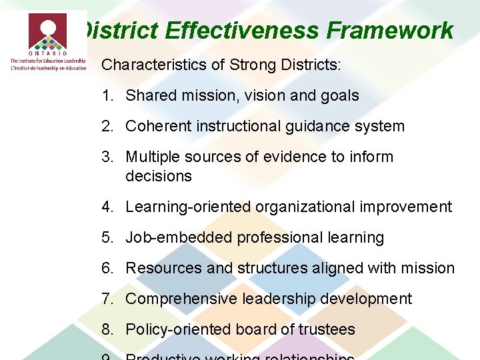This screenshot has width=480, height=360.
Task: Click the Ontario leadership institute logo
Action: point(47,41)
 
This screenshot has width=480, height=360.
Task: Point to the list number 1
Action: point(107,96)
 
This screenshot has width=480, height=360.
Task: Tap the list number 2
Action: point(107,127)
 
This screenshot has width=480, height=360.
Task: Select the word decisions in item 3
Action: point(159,177)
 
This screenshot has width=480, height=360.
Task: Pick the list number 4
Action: point(107,207)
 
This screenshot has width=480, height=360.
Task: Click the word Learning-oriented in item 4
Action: point(187,207)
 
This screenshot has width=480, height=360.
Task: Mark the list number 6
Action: point(107,269)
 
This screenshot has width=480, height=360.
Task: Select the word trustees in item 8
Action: point(327,330)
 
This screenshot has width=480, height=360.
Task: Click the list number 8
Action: point(107,330)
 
